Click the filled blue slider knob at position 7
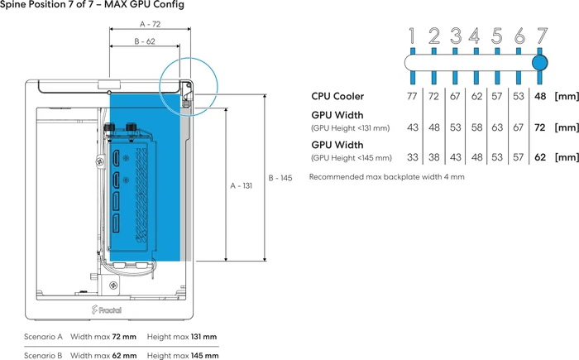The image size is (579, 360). coord(540,63)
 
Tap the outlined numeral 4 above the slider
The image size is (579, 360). coord(476,36)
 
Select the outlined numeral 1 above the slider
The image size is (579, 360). coord(413,36)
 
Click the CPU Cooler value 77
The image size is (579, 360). coord(412,96)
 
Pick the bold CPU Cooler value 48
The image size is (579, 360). coord(540,96)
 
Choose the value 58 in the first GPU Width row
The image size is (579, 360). coord(476,127)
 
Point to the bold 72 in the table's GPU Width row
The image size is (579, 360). coord(540,127)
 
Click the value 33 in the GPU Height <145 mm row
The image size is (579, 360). coord(413,157)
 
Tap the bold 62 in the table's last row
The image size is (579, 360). coord(540,157)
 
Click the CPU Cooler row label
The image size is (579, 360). coord(337,96)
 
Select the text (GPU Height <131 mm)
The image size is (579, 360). coord(351,128)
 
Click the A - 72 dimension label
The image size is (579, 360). coord(150,24)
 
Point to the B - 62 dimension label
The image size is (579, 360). coord(145,41)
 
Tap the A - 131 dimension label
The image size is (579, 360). coord(242,185)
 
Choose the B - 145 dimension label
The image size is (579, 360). coord(280,178)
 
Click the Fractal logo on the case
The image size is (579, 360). coord(107,310)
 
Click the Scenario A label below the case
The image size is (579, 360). coord(43,337)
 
